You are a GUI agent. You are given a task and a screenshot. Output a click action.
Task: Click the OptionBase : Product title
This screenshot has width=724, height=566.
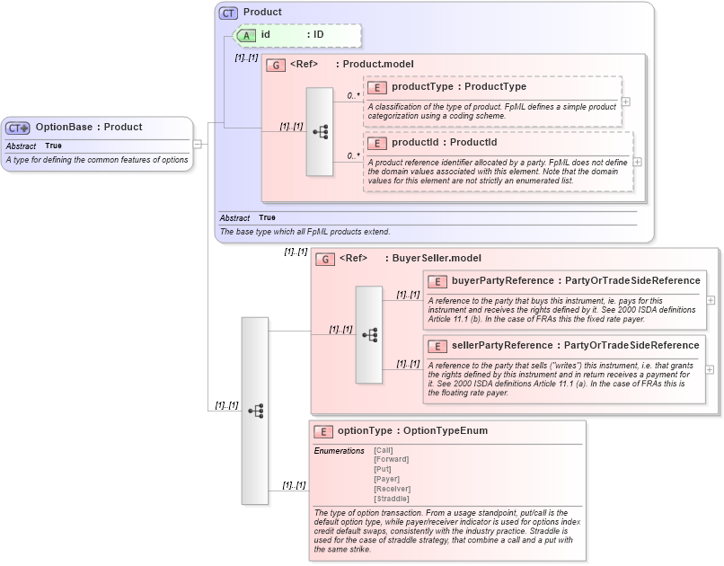88,128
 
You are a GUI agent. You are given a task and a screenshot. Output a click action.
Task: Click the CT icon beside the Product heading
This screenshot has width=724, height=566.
229,13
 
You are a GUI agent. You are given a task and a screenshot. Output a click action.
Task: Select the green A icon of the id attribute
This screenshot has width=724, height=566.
246,35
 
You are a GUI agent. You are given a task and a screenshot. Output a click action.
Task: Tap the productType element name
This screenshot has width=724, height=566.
422,87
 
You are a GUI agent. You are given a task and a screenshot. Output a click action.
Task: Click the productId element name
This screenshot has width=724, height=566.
418,142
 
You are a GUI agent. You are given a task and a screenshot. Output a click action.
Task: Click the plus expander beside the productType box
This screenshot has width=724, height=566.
626,102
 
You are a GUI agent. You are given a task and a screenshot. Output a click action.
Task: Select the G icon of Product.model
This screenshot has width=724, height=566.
277,65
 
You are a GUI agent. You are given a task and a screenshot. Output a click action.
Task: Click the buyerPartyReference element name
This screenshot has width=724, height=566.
502,281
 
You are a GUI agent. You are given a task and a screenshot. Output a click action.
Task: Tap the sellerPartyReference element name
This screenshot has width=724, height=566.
502,346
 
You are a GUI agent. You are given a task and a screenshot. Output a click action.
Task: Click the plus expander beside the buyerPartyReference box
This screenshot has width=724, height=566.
711,299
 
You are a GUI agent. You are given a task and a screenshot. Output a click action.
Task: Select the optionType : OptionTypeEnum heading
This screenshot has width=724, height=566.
413,431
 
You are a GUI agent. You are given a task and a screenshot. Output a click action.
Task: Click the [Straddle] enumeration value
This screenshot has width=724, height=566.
392,499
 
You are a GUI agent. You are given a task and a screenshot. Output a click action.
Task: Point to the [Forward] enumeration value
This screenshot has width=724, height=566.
391,459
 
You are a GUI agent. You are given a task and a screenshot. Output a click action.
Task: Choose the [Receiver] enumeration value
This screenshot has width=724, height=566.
392,489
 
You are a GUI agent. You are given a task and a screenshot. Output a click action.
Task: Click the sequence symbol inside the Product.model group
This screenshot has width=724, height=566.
320,131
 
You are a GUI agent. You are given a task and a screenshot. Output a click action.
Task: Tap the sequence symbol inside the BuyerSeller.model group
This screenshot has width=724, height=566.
369,334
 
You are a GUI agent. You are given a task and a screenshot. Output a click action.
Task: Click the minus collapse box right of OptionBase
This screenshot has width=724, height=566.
198,144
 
